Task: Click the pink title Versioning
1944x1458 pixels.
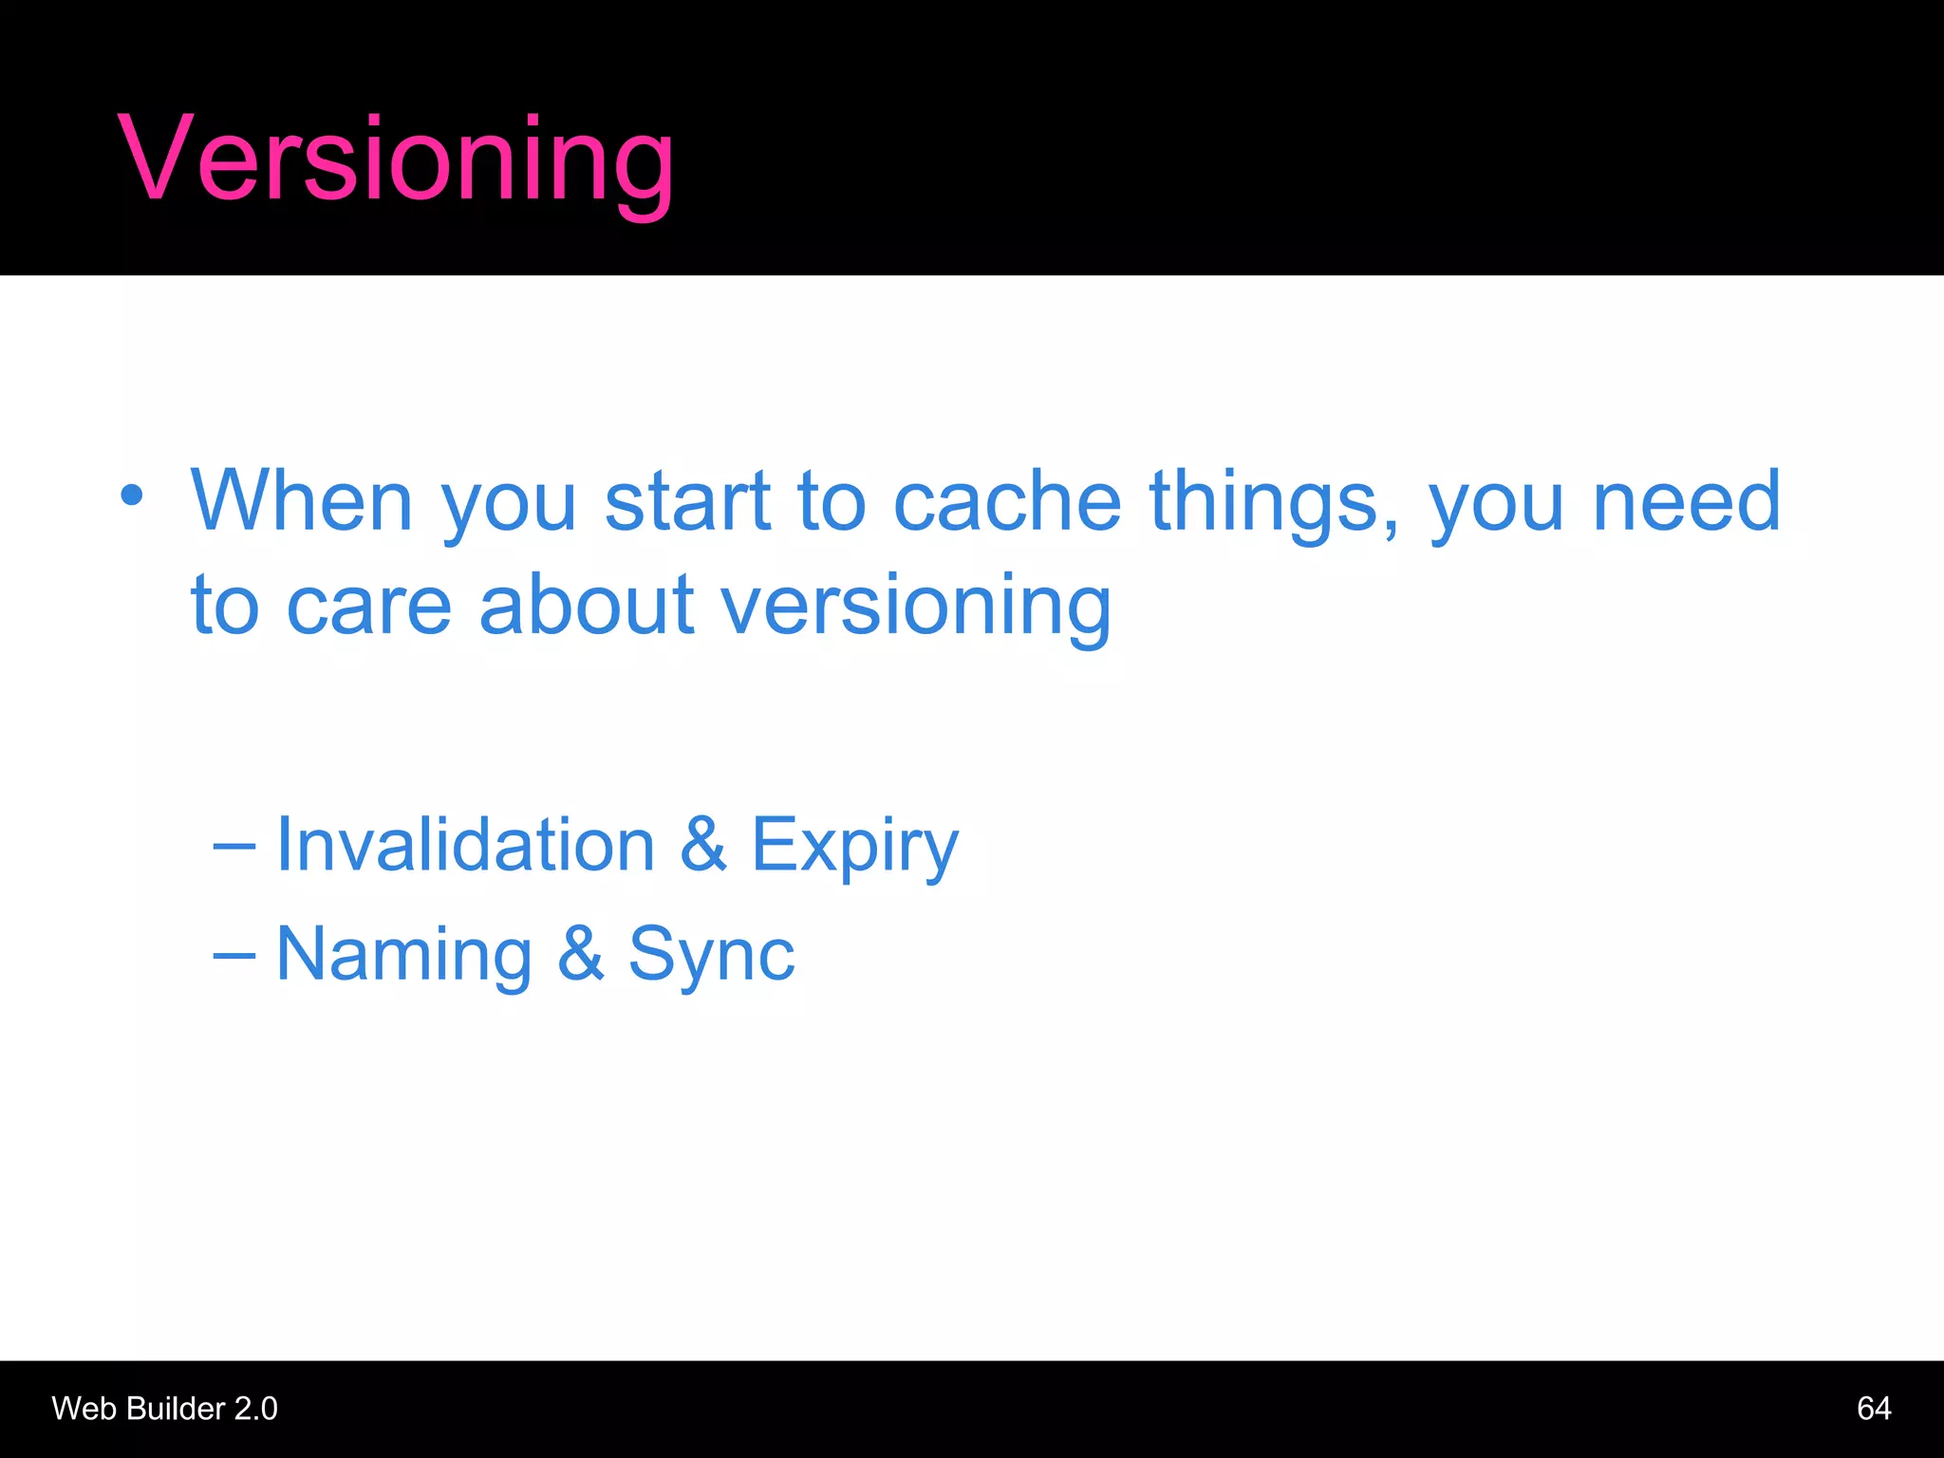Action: [x=396, y=159]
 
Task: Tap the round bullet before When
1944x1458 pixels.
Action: [x=132, y=495]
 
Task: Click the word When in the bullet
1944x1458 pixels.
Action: [x=302, y=500]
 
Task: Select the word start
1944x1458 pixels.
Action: [x=687, y=500]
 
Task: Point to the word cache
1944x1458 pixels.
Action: [x=1007, y=500]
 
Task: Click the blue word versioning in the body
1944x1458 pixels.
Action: [x=915, y=607]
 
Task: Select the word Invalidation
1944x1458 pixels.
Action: [x=465, y=844]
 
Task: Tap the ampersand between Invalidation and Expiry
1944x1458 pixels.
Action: [x=703, y=844]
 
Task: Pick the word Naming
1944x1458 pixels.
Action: [x=403, y=955]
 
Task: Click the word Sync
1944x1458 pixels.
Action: [x=711, y=955]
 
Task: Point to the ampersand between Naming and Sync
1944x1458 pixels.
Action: [x=580, y=953]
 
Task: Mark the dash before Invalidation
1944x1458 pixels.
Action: [x=234, y=846]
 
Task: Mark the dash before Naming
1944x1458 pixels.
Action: [x=234, y=955]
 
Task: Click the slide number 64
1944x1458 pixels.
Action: [x=1873, y=1408]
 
